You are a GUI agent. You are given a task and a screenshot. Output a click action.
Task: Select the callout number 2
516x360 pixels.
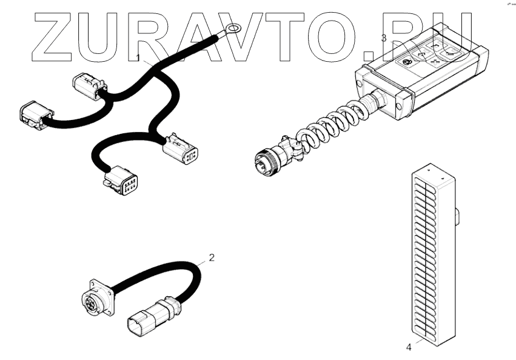[x=212, y=257]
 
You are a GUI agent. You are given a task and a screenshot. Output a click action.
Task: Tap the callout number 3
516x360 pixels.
[x=383, y=38]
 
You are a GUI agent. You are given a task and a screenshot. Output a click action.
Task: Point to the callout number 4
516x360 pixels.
[x=408, y=347]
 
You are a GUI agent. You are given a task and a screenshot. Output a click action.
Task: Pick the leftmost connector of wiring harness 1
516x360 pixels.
[x=33, y=115]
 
